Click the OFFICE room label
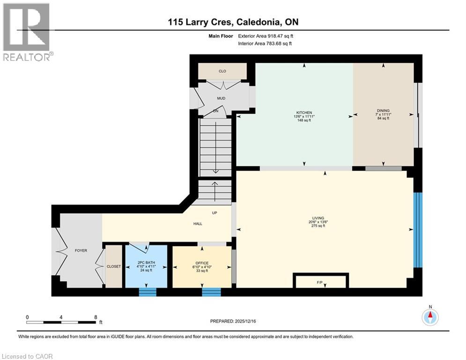[x=202, y=263]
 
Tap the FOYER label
[x=81, y=251]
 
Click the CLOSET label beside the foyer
[x=113, y=266]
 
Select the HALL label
[x=198, y=224]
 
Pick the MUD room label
[x=221, y=99]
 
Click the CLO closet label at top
[x=222, y=71]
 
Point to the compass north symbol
[x=430, y=317]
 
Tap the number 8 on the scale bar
[x=96, y=317]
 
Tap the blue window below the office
[x=211, y=292]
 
